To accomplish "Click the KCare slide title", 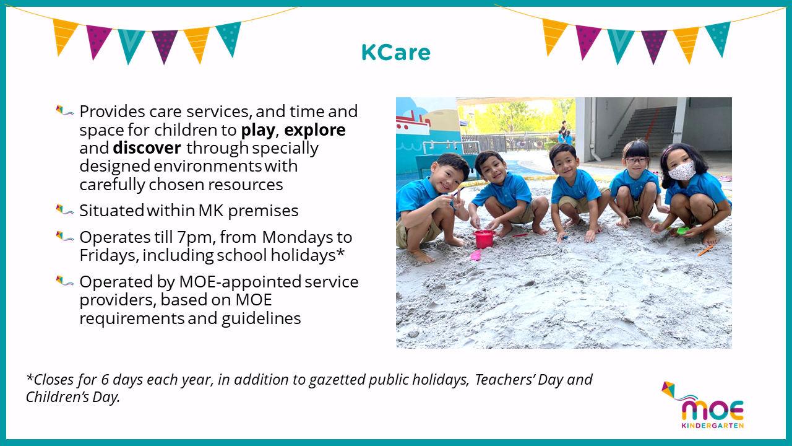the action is point(395,53).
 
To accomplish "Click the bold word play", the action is point(258,131).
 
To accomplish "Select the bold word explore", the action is point(315,131).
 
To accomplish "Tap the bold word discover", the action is point(147,148).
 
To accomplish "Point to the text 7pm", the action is point(197,237).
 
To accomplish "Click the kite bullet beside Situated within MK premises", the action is point(65,209).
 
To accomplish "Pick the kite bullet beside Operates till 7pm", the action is point(65,236).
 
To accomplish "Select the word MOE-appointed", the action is point(241,282).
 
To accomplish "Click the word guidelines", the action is point(261,318).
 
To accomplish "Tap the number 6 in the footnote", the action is point(105,380).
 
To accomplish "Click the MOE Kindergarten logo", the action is point(703,405).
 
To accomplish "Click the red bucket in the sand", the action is point(484,239).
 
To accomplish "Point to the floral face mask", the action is point(682,170).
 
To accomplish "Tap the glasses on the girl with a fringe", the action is point(637,160).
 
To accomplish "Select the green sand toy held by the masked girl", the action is point(682,230).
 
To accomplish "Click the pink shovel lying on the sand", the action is point(476,255).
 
